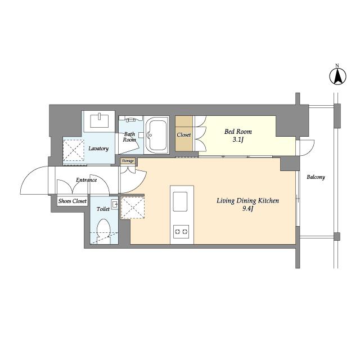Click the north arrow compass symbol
(337, 76)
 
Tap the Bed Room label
(238, 132)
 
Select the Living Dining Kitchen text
(247, 201)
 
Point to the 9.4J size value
(247, 209)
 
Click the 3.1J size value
(238, 139)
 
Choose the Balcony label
(316, 177)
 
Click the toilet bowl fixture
(103, 231)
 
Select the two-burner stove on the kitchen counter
(181, 232)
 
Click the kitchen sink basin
(180, 201)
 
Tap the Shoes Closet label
(73, 201)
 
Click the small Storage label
(128, 161)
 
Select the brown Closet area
(184, 134)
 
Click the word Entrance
(86, 180)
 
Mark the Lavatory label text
(98, 148)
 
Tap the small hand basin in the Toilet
(115, 204)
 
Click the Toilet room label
(103, 209)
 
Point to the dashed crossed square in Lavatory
(74, 150)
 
